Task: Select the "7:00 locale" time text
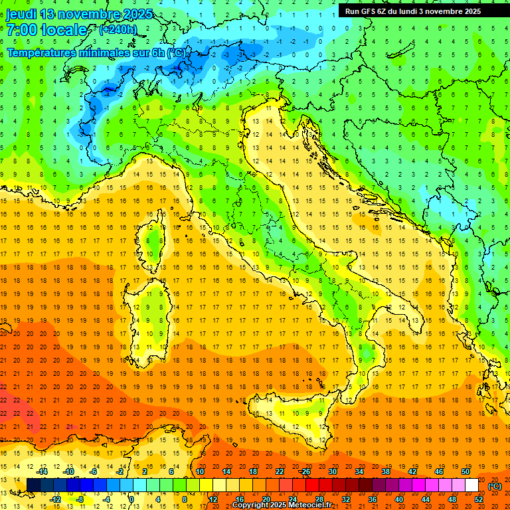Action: (x=46, y=30)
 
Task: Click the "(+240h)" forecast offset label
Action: (x=118, y=30)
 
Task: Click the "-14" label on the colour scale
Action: (x=42, y=471)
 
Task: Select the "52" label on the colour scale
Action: (x=479, y=499)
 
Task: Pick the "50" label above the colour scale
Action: (x=465, y=471)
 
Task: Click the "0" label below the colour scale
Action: (x=131, y=499)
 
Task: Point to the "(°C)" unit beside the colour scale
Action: (x=495, y=486)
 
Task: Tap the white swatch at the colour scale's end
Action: (x=471, y=485)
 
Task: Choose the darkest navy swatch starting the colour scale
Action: (x=33, y=485)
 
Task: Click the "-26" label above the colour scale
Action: (x=305, y=471)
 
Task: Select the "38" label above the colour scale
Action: (x=385, y=471)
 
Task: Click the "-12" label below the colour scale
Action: (x=56, y=499)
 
